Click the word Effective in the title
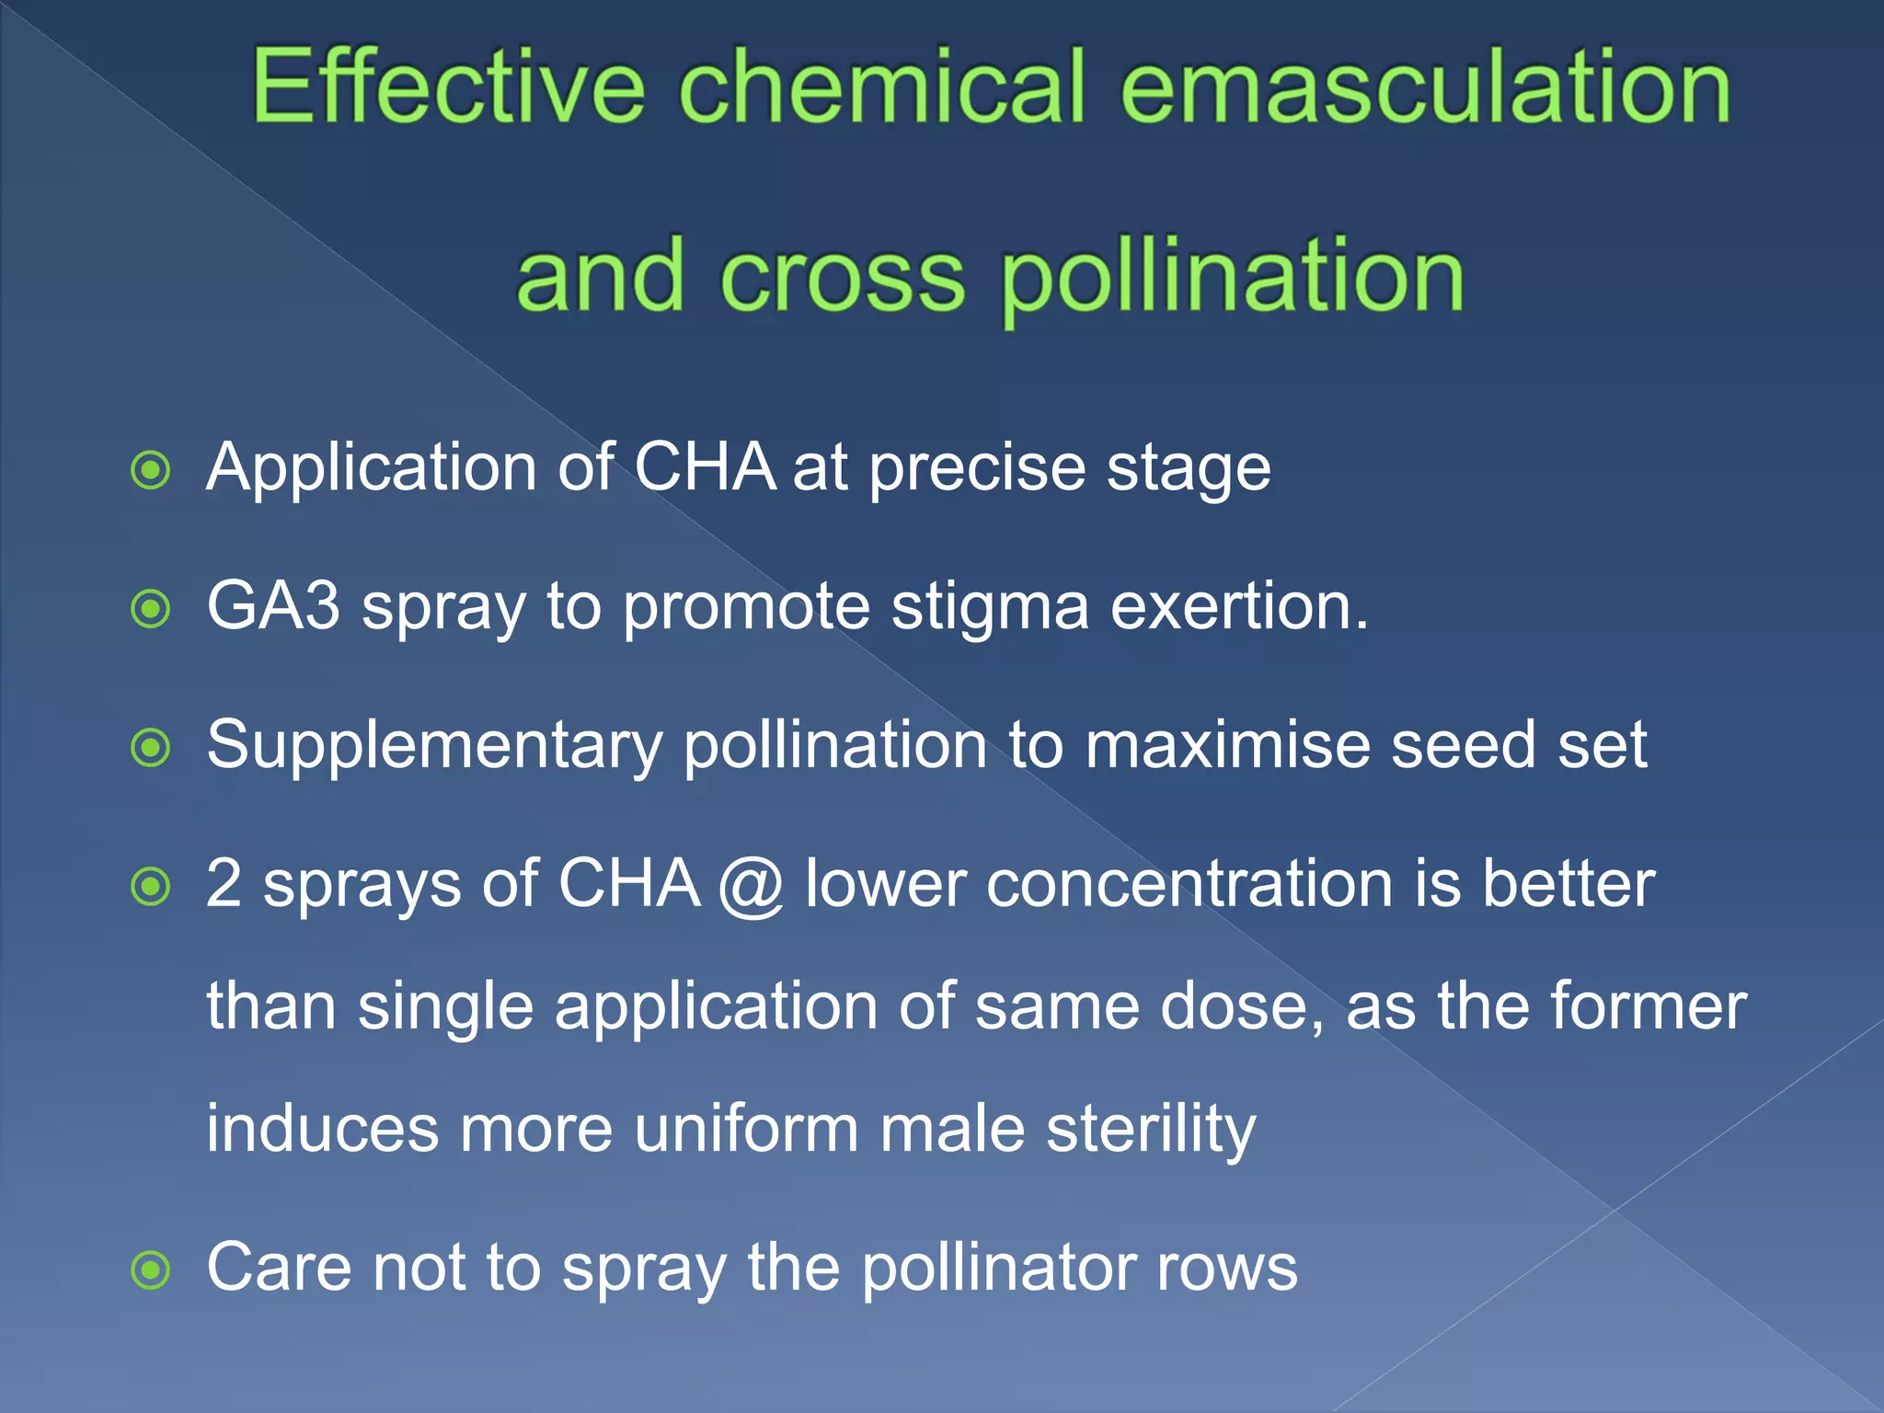point(448,87)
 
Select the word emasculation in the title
point(1426,87)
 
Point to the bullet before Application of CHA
point(151,471)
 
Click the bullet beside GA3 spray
point(151,609)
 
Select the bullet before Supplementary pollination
point(151,748)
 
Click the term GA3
point(273,606)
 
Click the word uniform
point(746,1129)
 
